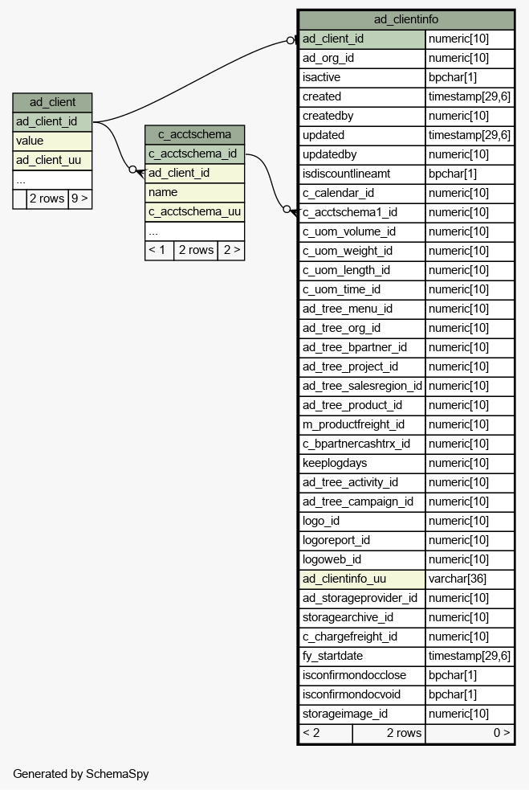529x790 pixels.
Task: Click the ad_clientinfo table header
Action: tap(406, 19)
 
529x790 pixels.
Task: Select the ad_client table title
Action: tap(52, 102)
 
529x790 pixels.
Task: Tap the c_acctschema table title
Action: tap(195, 134)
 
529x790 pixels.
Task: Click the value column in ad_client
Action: tap(52, 141)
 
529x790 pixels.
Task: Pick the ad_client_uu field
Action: tap(52, 160)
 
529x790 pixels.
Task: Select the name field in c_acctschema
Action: tap(195, 192)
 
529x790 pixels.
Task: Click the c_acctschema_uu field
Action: tap(195, 211)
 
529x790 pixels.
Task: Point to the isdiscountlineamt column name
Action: tap(346, 174)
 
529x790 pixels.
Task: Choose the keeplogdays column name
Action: tap(335, 463)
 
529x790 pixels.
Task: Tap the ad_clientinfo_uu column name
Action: tap(344, 579)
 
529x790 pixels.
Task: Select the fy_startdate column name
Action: tap(332, 656)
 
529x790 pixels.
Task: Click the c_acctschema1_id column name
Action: tap(350, 213)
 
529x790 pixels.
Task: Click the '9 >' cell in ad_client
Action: tap(80, 199)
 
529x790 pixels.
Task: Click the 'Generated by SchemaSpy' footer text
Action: tap(80, 774)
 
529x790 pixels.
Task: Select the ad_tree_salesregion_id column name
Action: tap(362, 386)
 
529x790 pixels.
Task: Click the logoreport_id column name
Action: tap(336, 541)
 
